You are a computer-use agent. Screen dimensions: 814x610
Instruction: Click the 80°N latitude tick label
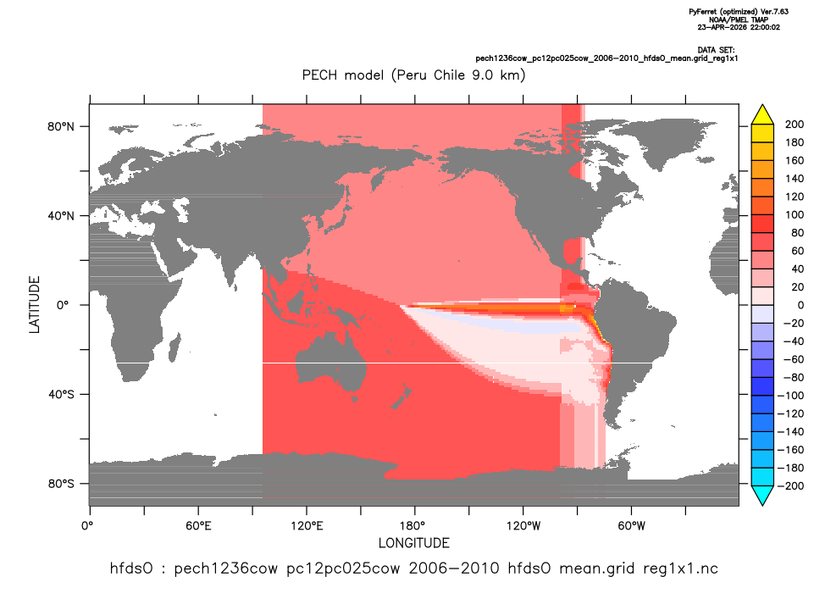click(x=61, y=127)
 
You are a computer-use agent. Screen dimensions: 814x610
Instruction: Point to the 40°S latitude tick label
click(x=61, y=395)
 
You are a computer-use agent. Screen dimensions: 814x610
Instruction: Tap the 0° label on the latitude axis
click(x=63, y=305)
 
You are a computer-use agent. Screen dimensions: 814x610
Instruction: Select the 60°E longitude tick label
click(x=198, y=526)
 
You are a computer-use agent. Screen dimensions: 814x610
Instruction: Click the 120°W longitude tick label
click(x=523, y=526)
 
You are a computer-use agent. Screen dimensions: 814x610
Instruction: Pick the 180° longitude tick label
click(x=415, y=526)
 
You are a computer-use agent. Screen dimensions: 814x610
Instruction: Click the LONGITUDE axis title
click(x=413, y=543)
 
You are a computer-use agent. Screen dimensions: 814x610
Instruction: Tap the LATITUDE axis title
click(x=34, y=305)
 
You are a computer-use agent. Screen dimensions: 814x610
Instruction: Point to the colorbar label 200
click(x=795, y=124)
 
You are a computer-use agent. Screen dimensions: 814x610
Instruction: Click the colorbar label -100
click(x=790, y=396)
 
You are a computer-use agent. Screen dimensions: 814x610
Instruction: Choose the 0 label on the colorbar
click(x=800, y=305)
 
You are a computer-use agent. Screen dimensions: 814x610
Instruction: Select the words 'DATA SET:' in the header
click(x=717, y=50)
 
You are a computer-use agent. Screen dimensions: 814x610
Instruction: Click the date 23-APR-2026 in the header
click(x=718, y=27)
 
